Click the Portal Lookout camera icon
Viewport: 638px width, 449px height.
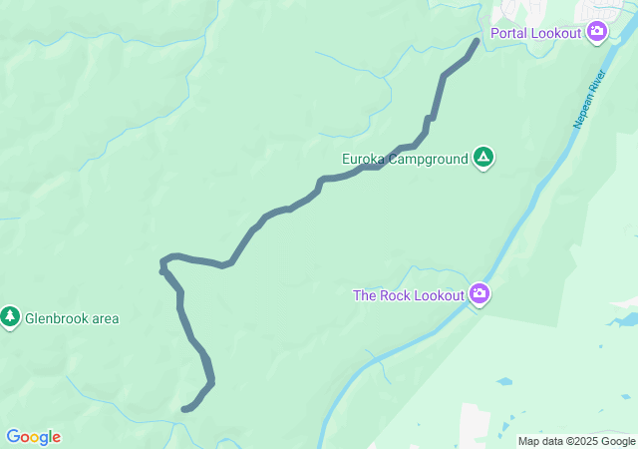pyautogui.click(x=597, y=32)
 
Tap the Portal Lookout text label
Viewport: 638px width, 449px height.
pyautogui.click(x=542, y=33)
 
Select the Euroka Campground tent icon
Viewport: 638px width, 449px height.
pyautogui.click(x=483, y=158)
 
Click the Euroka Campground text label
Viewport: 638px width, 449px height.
pyautogui.click(x=405, y=158)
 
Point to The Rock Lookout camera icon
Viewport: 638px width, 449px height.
pyautogui.click(x=479, y=294)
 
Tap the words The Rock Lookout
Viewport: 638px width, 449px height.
pyautogui.click(x=409, y=295)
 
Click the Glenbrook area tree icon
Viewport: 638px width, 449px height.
pyautogui.click(x=11, y=317)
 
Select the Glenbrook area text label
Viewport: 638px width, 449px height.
pyautogui.click(x=72, y=318)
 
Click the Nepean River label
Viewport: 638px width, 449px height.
pyautogui.click(x=589, y=100)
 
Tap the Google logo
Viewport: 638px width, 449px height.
pyautogui.click(x=33, y=437)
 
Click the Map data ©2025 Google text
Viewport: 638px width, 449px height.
pyautogui.click(x=576, y=441)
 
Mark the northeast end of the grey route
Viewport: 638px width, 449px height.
pyautogui.click(x=477, y=41)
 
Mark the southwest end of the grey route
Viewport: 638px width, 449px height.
pyautogui.click(x=184, y=408)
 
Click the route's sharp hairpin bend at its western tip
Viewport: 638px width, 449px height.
pyautogui.click(x=162, y=267)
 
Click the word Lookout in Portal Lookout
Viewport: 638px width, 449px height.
pyautogui.click(x=557, y=33)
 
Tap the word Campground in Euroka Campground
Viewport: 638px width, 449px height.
pyautogui.click(x=429, y=158)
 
